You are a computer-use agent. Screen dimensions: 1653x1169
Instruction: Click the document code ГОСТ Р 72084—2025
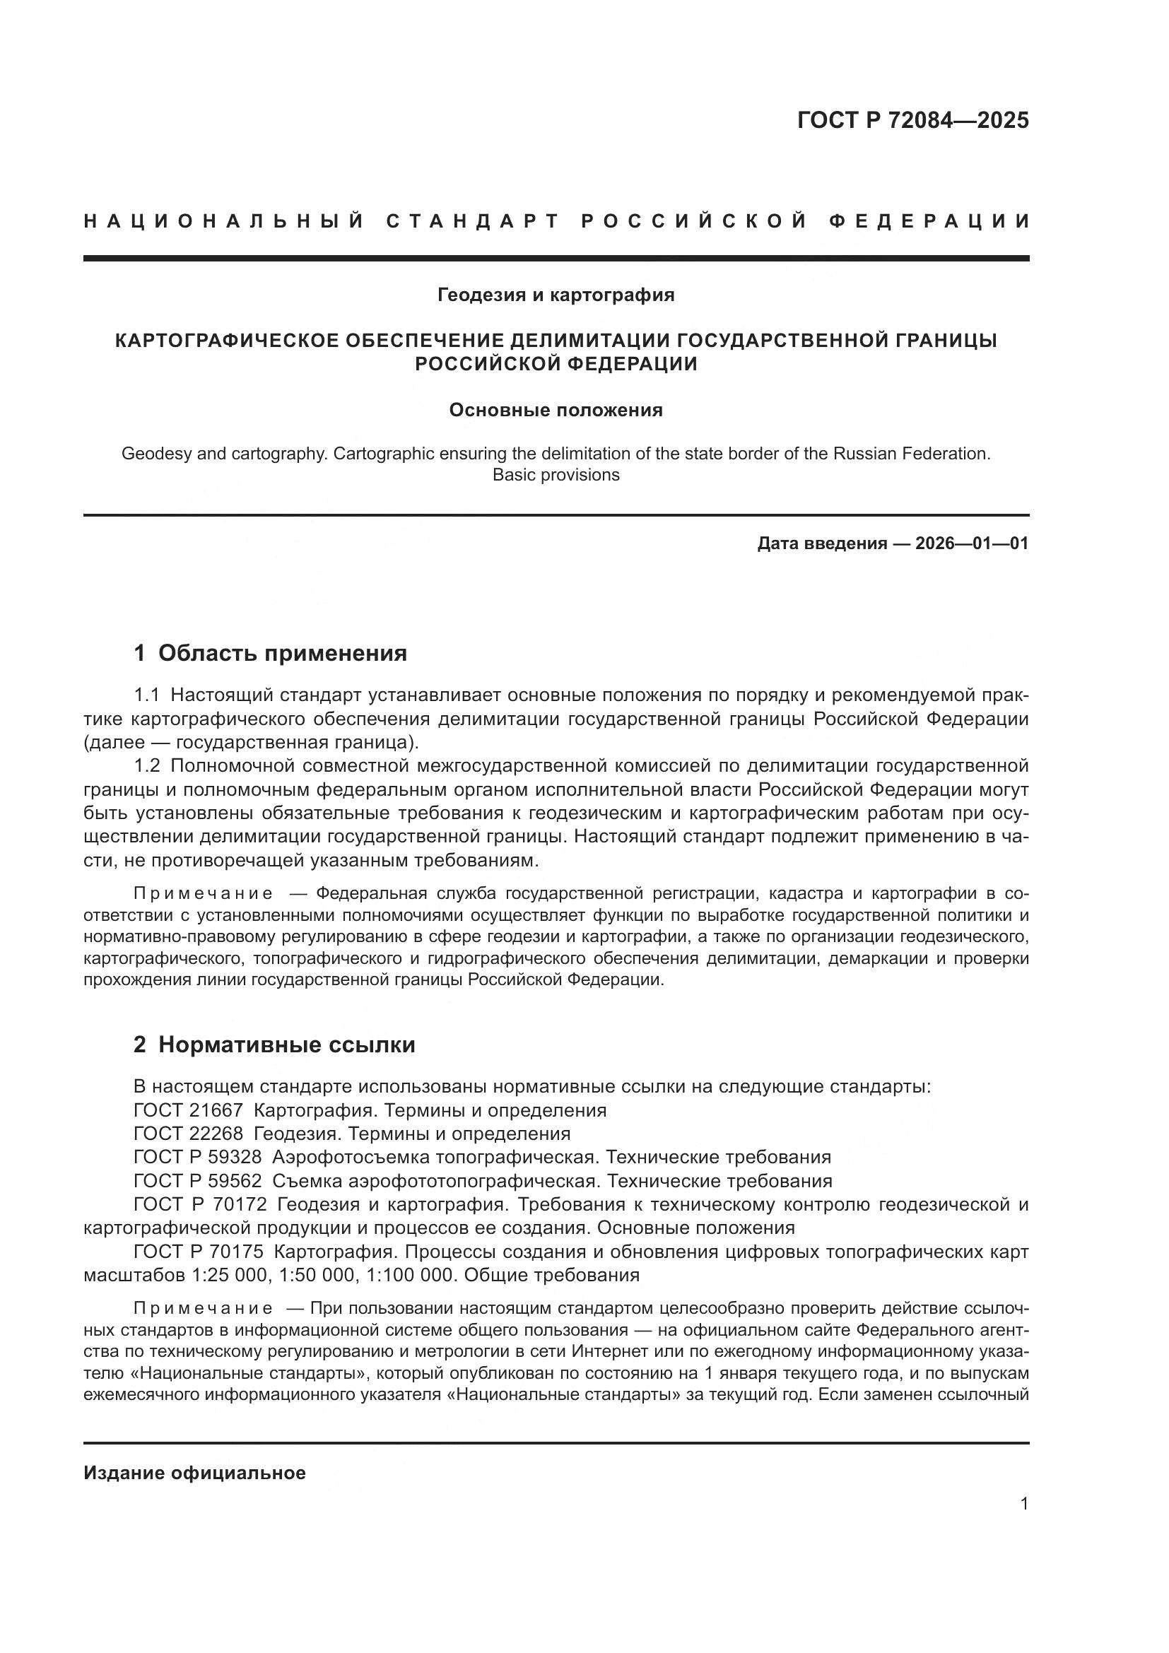click(912, 120)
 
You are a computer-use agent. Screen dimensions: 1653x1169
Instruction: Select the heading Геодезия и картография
click(556, 295)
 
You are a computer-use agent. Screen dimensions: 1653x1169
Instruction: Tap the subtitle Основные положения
click(556, 411)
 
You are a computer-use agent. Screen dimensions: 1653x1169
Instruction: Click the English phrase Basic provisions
click(556, 475)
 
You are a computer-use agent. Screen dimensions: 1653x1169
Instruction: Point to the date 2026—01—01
click(972, 543)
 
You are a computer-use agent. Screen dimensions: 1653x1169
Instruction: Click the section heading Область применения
click(282, 653)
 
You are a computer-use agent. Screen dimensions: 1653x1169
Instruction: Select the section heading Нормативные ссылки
click(286, 1045)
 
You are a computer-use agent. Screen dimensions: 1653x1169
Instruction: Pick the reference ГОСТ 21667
click(189, 1110)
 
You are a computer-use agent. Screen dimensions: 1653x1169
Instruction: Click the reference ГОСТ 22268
click(189, 1134)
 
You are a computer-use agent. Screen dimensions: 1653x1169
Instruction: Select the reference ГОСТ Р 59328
click(198, 1158)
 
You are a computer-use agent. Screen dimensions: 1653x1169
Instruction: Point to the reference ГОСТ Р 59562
click(198, 1181)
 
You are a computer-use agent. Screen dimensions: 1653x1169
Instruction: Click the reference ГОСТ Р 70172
click(200, 1204)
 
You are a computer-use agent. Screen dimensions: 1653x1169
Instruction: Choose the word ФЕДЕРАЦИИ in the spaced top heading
click(929, 221)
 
